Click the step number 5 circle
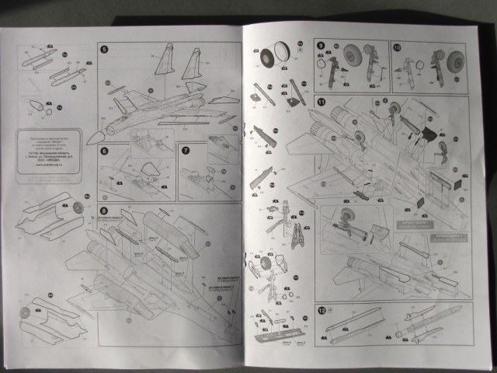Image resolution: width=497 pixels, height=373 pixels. pyautogui.click(x=104, y=49)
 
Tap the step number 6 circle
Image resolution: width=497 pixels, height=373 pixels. pyautogui.click(x=104, y=150)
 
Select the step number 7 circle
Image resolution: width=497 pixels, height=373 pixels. pyautogui.click(x=185, y=150)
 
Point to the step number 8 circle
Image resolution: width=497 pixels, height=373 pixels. pyautogui.click(x=104, y=211)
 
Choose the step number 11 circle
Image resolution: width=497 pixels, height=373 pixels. pyautogui.click(x=321, y=103)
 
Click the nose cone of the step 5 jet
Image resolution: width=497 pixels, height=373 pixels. pyautogui.click(x=93, y=138)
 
